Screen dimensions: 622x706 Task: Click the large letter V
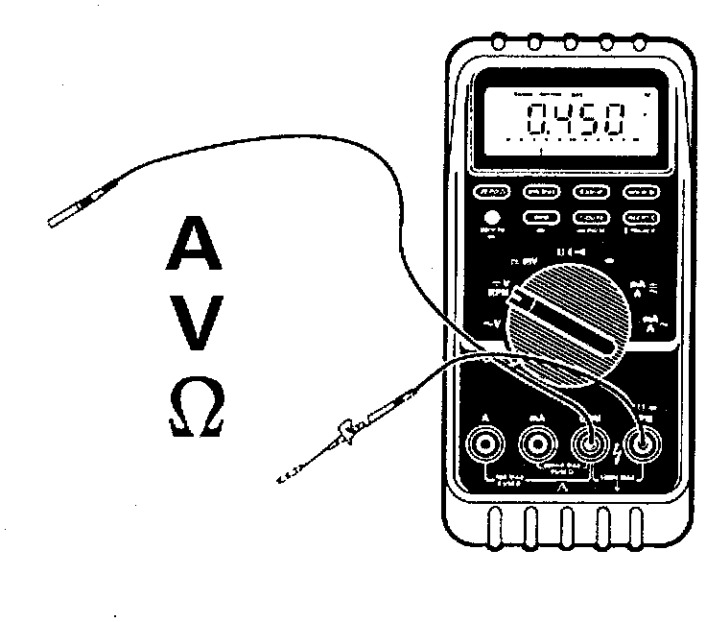pos(199,323)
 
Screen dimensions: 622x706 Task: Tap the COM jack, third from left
pos(589,443)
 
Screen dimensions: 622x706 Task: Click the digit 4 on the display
pos(566,122)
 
